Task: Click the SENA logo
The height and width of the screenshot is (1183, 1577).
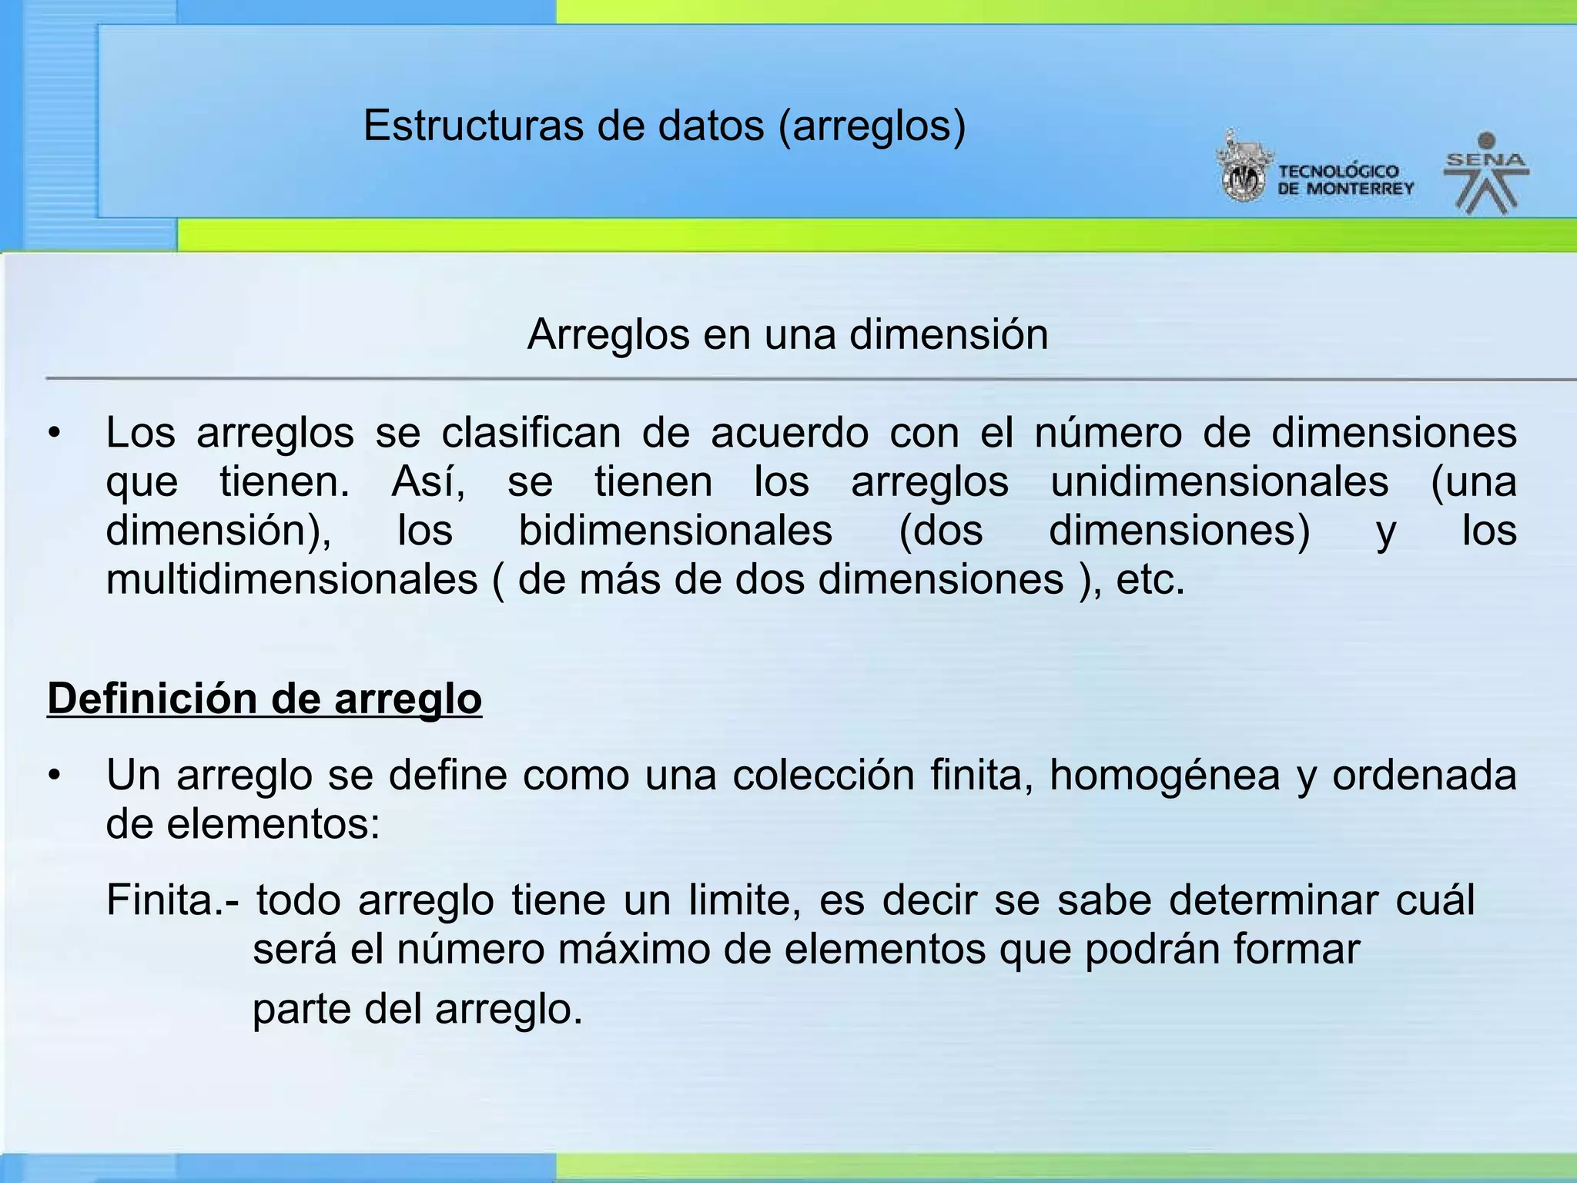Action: pos(1486,174)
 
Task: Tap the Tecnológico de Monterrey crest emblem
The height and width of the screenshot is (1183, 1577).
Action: pos(1243,167)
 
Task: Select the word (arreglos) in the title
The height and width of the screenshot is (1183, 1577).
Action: pos(872,126)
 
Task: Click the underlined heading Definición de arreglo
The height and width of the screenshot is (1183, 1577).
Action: pos(264,699)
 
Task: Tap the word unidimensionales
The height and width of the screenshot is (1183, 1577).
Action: pos(1220,482)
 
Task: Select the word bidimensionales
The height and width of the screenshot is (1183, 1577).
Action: pos(675,531)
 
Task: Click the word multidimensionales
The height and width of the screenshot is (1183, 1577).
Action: pos(292,579)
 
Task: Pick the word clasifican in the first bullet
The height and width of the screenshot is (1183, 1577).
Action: pos(531,433)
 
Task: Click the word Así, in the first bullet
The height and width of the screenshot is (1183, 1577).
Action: pos(428,482)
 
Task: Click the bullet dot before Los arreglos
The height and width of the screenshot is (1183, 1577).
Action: pos(53,434)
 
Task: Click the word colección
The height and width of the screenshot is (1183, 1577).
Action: pos(823,775)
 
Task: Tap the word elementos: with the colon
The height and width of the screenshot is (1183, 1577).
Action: pos(273,824)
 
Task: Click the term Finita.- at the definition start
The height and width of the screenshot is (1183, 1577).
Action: pos(172,900)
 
